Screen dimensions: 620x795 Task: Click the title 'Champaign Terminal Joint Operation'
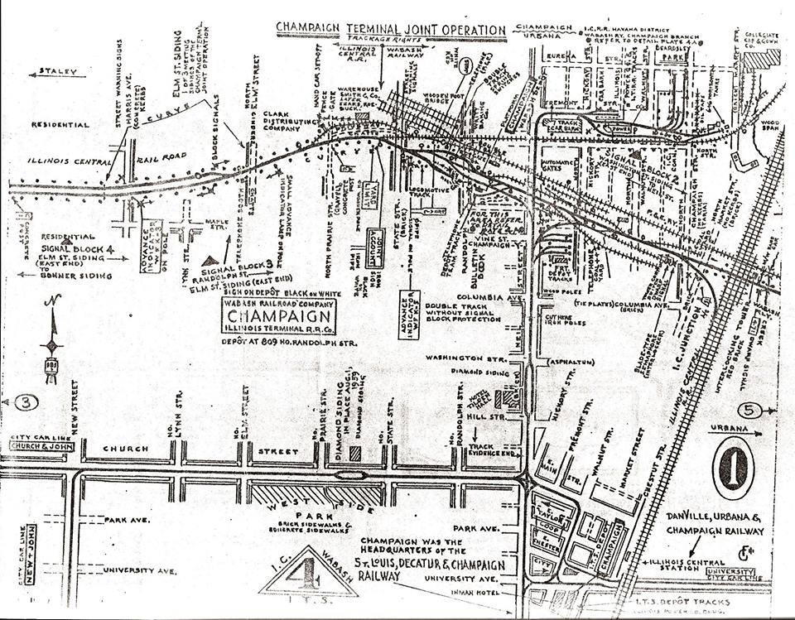(x=391, y=31)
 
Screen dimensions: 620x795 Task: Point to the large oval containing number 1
(x=732, y=468)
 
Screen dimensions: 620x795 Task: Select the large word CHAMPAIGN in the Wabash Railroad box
(x=269, y=318)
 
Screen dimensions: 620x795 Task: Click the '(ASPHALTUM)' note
(x=571, y=362)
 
